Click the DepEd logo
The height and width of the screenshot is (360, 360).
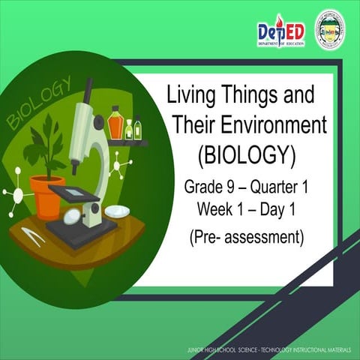point(280,33)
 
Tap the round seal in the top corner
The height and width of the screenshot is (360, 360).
point(329,30)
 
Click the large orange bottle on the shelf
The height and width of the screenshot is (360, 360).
point(115,124)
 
